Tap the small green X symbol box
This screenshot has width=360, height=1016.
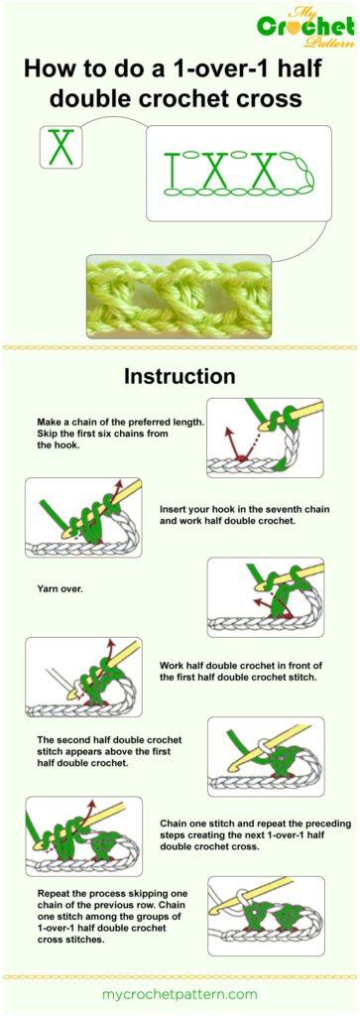61,148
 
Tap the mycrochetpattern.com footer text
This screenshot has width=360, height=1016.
180,993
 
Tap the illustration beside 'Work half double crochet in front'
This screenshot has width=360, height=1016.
83,677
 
